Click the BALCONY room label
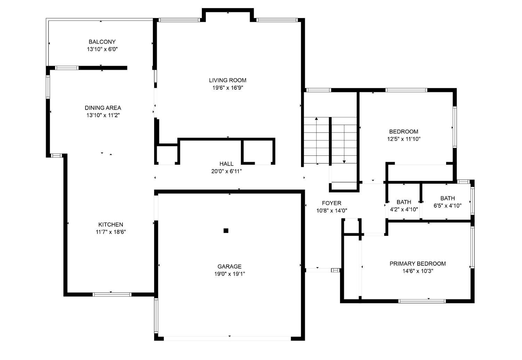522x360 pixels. [x=102, y=42]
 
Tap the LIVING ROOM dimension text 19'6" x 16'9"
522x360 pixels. [x=228, y=88]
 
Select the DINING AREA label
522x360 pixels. [x=103, y=108]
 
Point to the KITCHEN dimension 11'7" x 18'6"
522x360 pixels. [x=111, y=232]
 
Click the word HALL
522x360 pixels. [x=226, y=164]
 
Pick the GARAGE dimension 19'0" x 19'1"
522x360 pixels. [x=230, y=274]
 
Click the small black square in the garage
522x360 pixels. [x=226, y=231]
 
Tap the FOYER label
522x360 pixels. [x=332, y=203]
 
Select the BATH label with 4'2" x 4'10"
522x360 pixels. [x=404, y=202]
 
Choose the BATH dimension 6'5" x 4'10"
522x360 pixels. [x=448, y=206]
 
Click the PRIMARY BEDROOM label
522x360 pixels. [x=418, y=264]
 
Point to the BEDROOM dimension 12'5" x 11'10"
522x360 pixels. [x=404, y=139]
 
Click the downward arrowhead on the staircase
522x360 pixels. [x=344, y=162]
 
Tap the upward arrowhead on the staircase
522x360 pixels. [x=316, y=119]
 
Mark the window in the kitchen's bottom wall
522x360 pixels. [x=112, y=295]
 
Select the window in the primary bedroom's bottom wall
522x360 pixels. [x=422, y=301]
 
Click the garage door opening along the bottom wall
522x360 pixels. [x=227, y=338]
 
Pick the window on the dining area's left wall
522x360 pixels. [x=48, y=87]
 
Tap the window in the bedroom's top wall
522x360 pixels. [x=406, y=90]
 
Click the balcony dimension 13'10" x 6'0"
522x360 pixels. [x=102, y=49]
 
